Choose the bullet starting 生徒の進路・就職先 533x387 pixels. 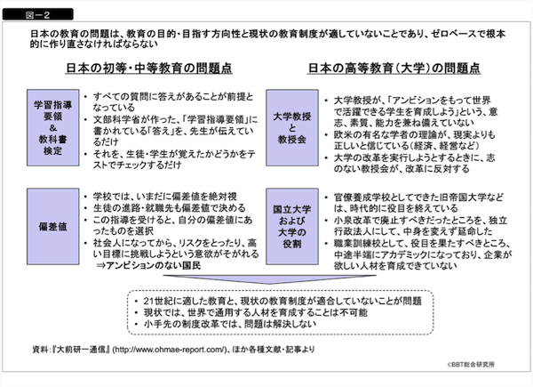coord(155,206)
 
